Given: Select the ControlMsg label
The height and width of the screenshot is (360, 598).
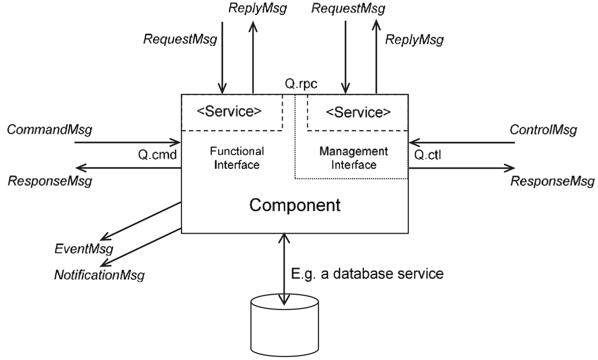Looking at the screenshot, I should click(x=543, y=131).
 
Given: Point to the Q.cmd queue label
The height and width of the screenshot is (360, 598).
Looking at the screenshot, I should click(x=156, y=155).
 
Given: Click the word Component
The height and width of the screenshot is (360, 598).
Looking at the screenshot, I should click(x=295, y=205).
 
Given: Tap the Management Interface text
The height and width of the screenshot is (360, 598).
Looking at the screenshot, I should click(x=353, y=158).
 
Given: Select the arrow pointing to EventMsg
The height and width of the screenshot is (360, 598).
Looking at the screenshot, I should click(x=140, y=221).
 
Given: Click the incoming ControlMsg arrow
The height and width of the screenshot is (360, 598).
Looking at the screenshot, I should click(x=461, y=143).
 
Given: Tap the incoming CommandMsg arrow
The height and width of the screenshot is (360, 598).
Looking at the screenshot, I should click(x=127, y=143).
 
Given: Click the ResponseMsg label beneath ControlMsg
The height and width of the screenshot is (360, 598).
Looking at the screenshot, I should click(x=553, y=180).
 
